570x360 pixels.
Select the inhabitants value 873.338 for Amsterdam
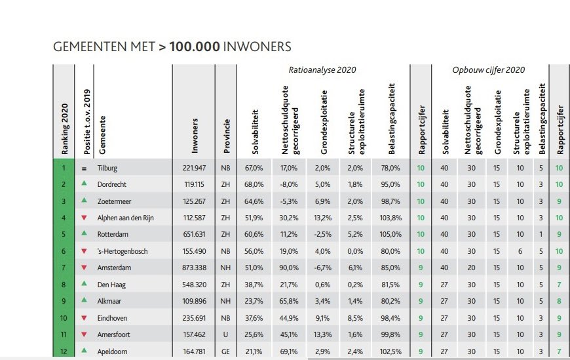[193, 267]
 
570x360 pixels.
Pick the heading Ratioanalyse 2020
[323, 69]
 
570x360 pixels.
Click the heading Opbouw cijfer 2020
[488, 69]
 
